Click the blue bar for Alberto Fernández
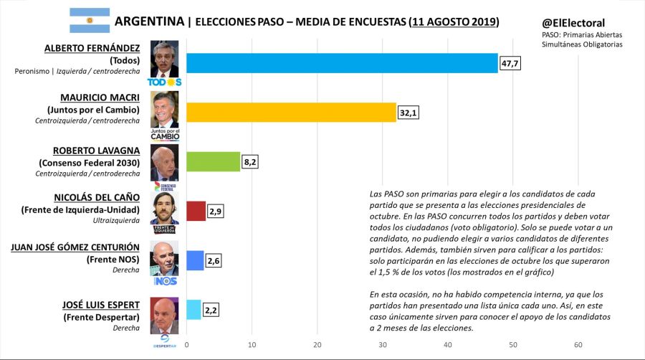click(342, 63)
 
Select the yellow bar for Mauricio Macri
click(291, 112)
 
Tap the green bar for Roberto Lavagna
click(214, 161)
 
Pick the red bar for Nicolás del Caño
click(196, 211)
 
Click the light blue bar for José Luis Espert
click(193, 309)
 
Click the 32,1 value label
click(408, 113)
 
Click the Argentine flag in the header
click(90, 20)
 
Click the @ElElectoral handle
click(573, 23)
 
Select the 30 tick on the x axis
click(382, 345)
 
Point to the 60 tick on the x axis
click(578, 345)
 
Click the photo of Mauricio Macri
click(164, 109)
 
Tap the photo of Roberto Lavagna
click(164, 162)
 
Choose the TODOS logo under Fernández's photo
click(164, 82)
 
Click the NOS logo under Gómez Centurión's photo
click(164, 280)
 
